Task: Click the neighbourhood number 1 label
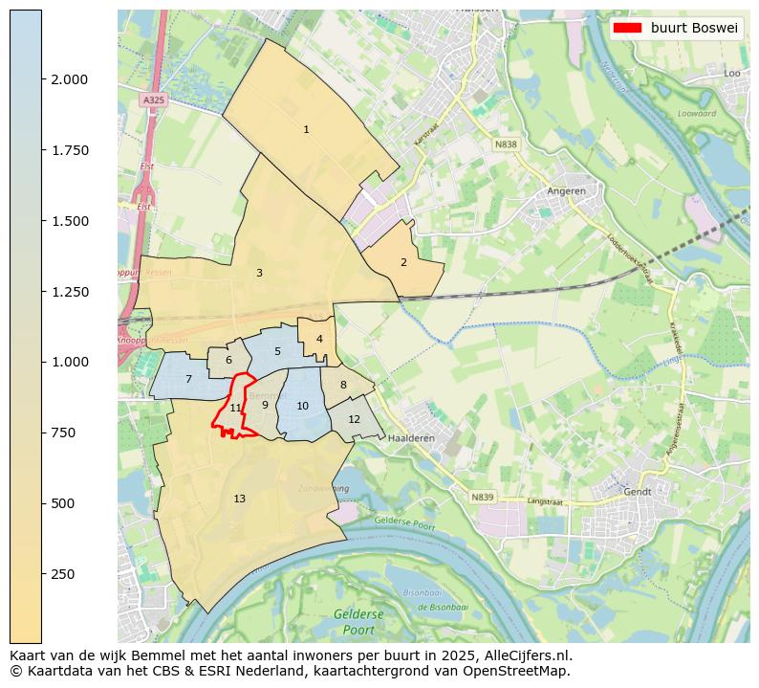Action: tap(306, 129)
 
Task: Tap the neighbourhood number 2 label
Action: tap(403, 262)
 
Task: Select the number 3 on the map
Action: tap(259, 273)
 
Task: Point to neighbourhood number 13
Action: tap(239, 499)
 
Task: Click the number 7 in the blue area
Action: tap(188, 380)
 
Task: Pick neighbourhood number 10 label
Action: tap(302, 406)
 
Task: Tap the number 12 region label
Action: tap(354, 419)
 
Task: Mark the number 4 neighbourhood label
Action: tap(319, 339)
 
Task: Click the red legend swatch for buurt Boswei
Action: tap(627, 28)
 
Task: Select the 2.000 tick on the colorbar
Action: tap(70, 79)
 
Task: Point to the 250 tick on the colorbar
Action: tap(63, 573)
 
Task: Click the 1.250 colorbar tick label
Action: tap(70, 291)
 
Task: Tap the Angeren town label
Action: tap(566, 190)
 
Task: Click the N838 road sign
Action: tap(506, 144)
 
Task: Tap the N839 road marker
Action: tap(483, 497)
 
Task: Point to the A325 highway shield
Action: tap(153, 100)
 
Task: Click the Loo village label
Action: tap(732, 73)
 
